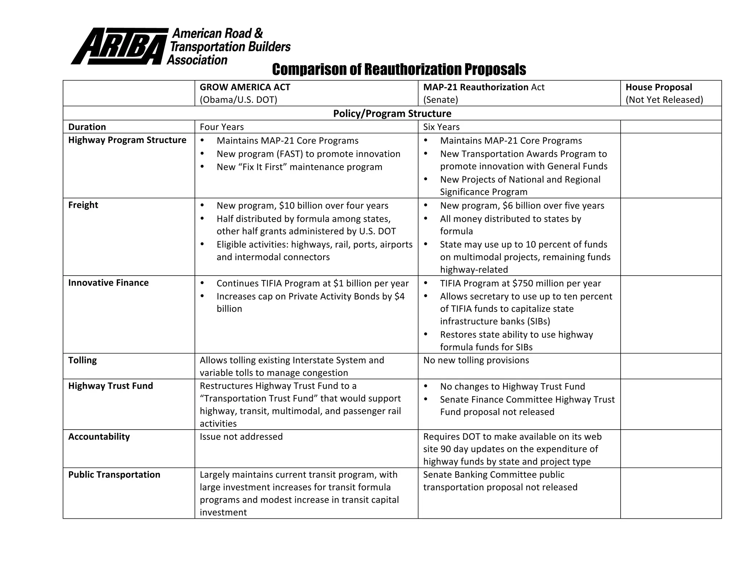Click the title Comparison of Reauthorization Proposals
(399, 69)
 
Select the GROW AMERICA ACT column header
(245, 87)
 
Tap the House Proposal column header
(658, 87)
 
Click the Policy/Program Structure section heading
(392, 113)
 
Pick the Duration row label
(87, 127)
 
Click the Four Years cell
(222, 127)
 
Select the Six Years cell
(441, 127)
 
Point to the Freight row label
(83, 205)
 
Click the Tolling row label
(82, 360)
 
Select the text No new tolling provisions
(476, 360)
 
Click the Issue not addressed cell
(241, 436)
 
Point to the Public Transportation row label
(114, 474)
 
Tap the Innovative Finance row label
(108, 283)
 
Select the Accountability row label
(99, 436)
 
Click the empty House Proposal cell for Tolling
(671, 366)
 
